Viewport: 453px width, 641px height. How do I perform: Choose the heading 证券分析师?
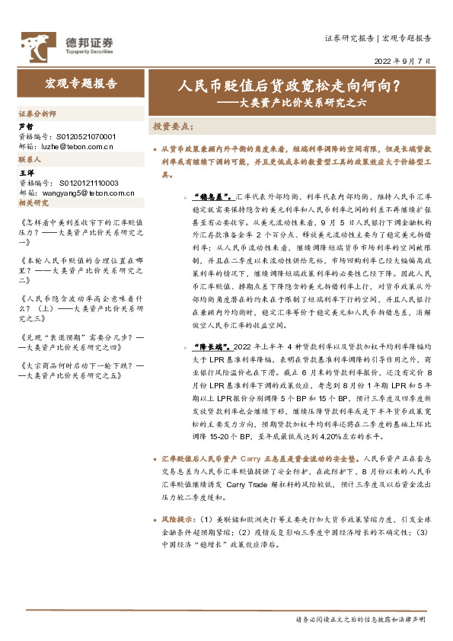pos(37,112)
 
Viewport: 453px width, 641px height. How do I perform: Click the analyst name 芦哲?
pos(25,126)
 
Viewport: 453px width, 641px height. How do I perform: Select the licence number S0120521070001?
pos(86,135)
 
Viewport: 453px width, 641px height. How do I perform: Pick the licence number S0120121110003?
pos(86,183)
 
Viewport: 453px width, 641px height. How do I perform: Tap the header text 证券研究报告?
pos(349,37)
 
